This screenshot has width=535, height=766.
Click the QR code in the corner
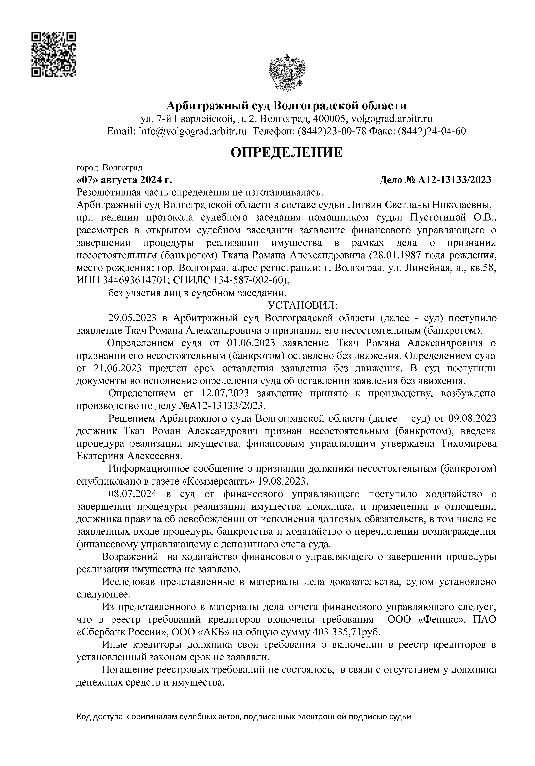(54, 54)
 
